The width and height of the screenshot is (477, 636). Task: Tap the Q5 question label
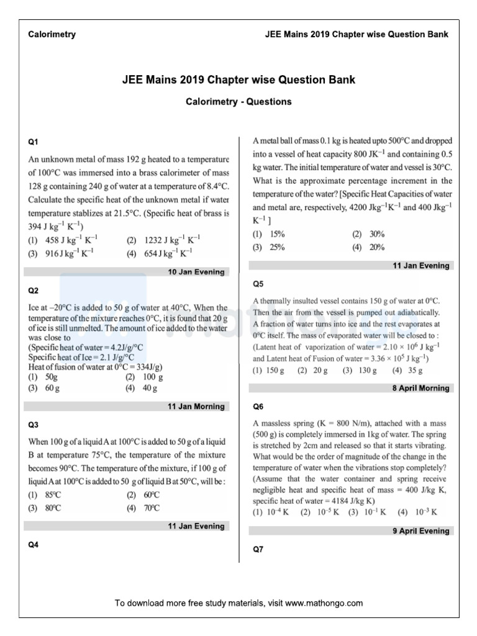coord(258,284)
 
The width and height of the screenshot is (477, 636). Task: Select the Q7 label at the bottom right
coord(258,550)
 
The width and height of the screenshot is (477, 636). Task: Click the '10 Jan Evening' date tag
coord(196,272)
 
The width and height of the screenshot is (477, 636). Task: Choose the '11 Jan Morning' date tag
coord(196,407)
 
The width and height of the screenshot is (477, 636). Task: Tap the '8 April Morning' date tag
coord(420,388)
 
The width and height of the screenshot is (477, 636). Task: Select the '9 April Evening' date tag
coord(420,531)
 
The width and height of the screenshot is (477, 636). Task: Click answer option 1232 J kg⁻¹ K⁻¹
coord(164,240)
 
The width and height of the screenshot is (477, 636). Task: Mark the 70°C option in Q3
coord(152,507)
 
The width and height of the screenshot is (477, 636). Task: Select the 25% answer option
coord(276,247)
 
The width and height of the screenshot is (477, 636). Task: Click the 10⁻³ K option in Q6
coord(425,512)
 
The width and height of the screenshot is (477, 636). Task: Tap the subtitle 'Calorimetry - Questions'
coord(238,101)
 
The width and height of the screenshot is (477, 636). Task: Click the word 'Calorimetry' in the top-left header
coord(52,35)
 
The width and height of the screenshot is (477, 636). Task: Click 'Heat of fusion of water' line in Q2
coord(86,366)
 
